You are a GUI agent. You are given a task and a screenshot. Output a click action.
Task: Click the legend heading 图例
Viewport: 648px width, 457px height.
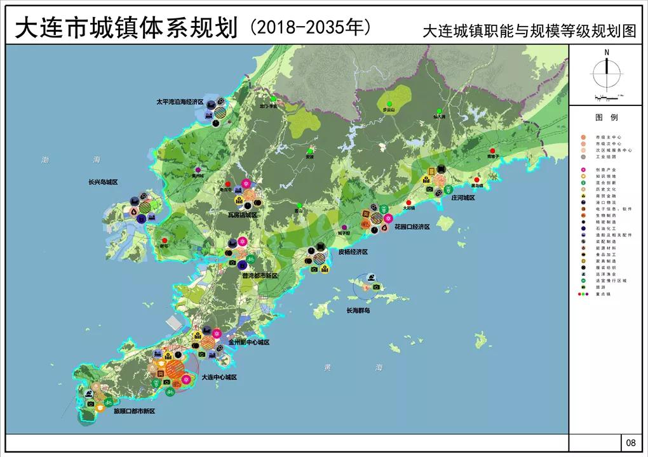pyautogui.click(x=607, y=117)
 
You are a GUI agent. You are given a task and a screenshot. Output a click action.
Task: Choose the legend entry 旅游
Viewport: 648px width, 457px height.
pyautogui.click(x=600, y=287)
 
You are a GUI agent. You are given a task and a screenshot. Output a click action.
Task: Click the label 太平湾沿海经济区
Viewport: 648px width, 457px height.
pyautogui.click(x=180, y=102)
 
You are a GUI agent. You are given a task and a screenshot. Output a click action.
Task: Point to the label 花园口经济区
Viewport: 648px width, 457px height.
pyautogui.click(x=412, y=227)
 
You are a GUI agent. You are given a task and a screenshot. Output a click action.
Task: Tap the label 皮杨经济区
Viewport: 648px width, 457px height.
pyautogui.click(x=353, y=252)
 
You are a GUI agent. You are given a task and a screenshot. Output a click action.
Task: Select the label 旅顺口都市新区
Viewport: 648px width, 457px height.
pyautogui.click(x=134, y=411)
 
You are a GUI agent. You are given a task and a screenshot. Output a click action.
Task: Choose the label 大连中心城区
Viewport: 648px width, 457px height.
pyautogui.click(x=219, y=377)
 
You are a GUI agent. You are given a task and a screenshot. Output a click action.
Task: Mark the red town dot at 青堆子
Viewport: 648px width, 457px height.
pyautogui.click(x=492, y=150)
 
